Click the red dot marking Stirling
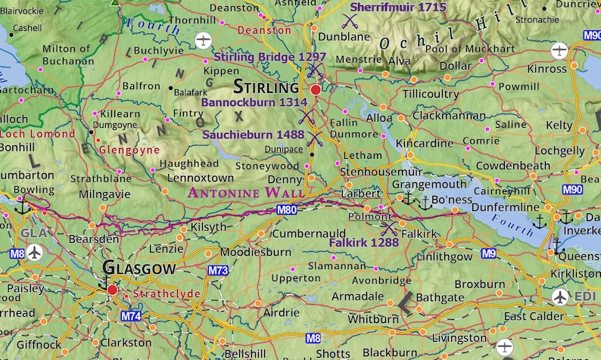316,89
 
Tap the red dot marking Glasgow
112,289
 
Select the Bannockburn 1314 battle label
254,102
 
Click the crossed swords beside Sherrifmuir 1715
350,20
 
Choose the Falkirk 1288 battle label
364,242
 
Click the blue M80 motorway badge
286,209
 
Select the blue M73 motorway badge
218,271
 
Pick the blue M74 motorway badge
131,315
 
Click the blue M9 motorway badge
488,253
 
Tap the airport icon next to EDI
559,296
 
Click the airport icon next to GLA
34,253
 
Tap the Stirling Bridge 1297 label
270,57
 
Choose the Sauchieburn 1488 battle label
254,134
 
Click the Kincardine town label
425,143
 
